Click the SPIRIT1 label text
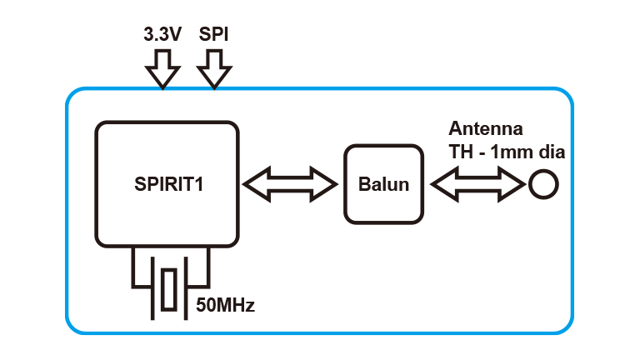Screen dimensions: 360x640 pyautogui.click(x=169, y=184)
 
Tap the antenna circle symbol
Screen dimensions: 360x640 pyautogui.click(x=542, y=184)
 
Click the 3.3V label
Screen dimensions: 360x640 pyautogui.click(x=162, y=36)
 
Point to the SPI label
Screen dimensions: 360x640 pyautogui.click(x=214, y=36)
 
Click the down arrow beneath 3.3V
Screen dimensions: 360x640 pyautogui.click(x=162, y=68)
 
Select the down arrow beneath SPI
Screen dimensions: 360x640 pyautogui.click(x=214, y=68)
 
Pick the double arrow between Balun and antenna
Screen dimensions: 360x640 pyautogui.click(x=475, y=184)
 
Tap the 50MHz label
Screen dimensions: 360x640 pyautogui.click(x=225, y=305)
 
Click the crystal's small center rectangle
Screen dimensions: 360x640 pyautogui.click(x=170, y=289)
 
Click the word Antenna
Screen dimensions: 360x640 pyautogui.click(x=486, y=130)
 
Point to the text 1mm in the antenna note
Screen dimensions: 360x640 pyautogui.click(x=516, y=152)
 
